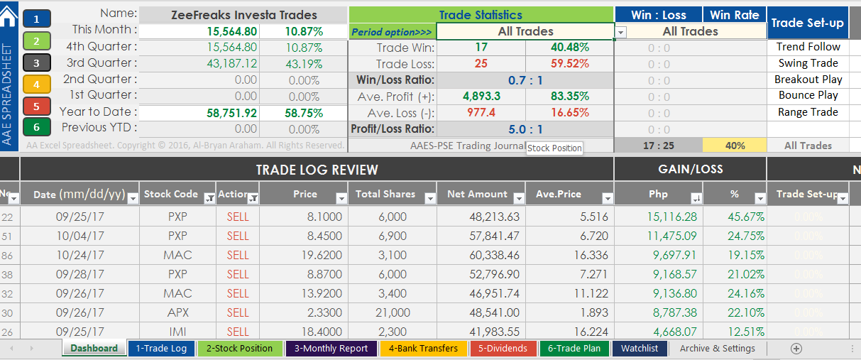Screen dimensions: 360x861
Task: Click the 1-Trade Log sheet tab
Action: coord(161,348)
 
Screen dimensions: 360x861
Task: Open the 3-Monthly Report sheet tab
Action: coord(331,348)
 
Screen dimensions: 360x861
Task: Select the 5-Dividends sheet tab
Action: coord(502,348)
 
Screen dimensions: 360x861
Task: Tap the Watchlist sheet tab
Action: coord(640,348)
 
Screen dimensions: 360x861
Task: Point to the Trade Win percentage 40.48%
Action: coord(569,48)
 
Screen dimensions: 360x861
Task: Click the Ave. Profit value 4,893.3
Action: coord(481,97)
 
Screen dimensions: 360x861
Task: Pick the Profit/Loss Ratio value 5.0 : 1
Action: coord(525,129)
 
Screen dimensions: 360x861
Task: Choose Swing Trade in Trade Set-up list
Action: coord(808,63)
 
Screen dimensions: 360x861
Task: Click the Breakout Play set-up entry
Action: coord(808,80)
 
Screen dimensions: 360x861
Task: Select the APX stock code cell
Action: coord(177,312)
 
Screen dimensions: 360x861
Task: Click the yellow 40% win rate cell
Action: coord(735,146)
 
